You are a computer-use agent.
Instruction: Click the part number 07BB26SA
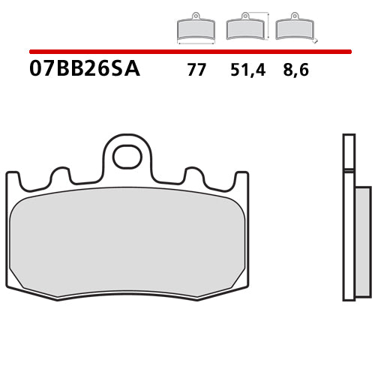tap(84, 71)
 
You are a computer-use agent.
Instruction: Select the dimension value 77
tap(196, 72)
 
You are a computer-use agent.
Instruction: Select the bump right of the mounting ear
tap(193, 176)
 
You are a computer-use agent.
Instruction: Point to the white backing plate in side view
tap(346, 217)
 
